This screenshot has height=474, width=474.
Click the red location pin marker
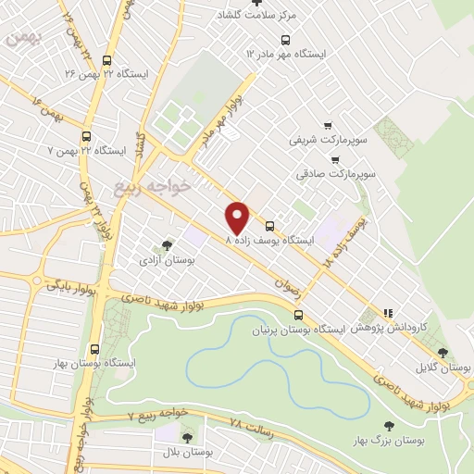tap(238, 217)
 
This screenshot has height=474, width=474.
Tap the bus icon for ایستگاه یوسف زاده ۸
tap(269, 226)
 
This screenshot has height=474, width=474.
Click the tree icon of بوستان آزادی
tap(167, 245)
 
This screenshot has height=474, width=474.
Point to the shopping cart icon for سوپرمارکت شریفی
tap(327, 125)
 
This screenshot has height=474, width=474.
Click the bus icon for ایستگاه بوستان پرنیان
tap(296, 316)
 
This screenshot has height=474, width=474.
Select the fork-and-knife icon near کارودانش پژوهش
tap(390, 314)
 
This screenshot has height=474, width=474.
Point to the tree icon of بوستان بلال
tap(187, 436)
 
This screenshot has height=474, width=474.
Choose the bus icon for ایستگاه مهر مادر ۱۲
tap(284, 41)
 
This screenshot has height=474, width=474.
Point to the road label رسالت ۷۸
tap(250, 428)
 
